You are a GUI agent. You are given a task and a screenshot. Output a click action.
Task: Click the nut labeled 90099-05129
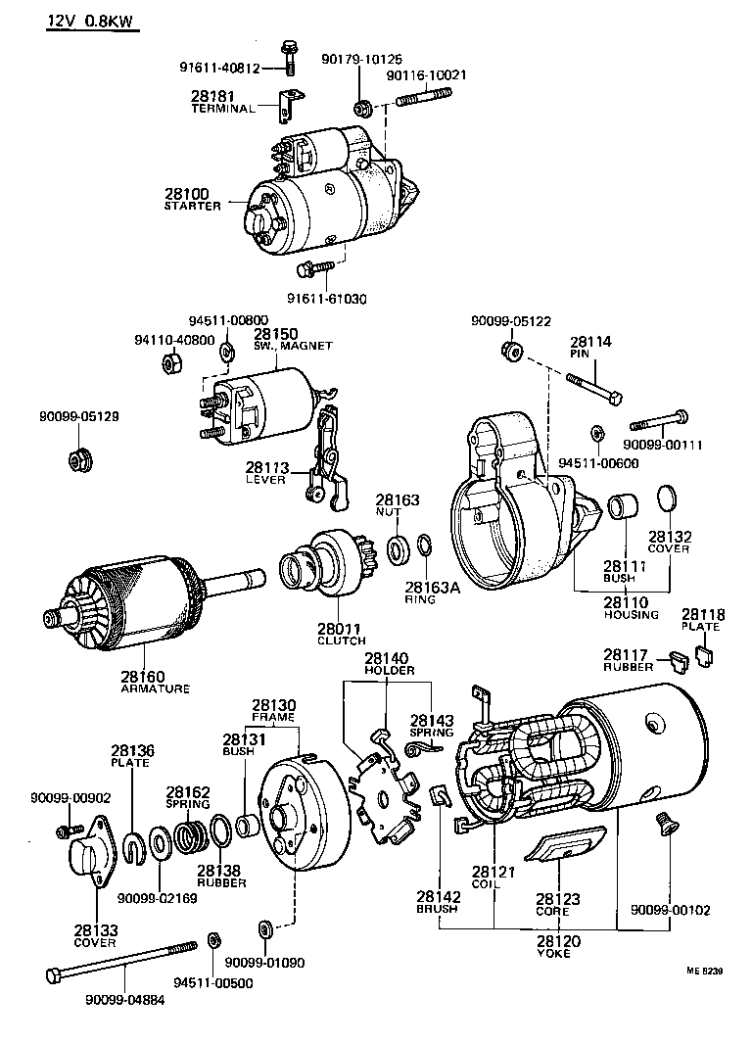(x=77, y=458)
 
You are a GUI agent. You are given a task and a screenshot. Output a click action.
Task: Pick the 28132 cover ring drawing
(x=665, y=498)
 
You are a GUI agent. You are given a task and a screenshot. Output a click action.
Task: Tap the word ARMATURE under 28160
(x=156, y=688)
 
